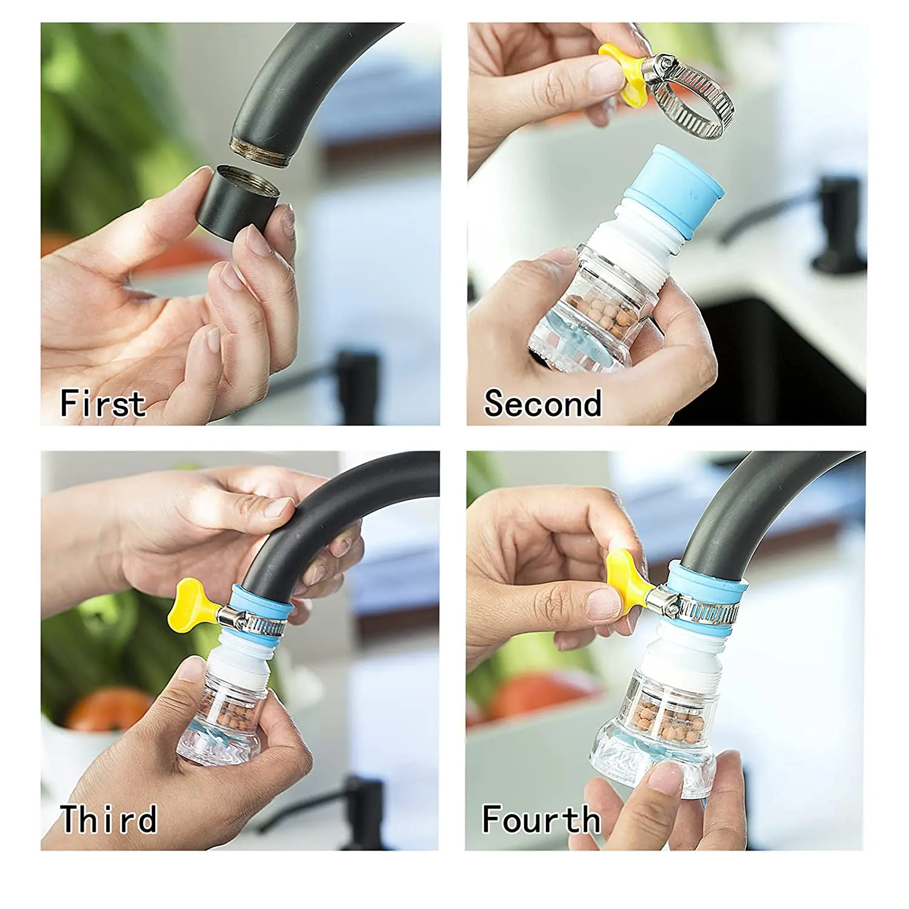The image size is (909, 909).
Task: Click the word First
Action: pyautogui.click(x=103, y=403)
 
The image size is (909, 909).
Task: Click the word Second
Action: pyautogui.click(x=542, y=403)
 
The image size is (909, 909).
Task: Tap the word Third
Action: pyautogui.click(x=108, y=819)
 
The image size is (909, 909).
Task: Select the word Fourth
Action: pyautogui.click(x=541, y=819)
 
